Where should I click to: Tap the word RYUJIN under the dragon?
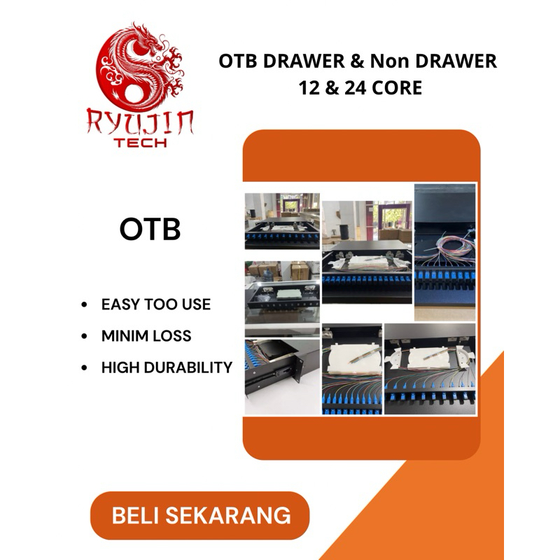click(x=140, y=122)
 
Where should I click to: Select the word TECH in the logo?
click(x=140, y=142)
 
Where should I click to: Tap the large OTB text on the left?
click(x=150, y=230)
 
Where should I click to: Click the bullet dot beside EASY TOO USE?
click(x=85, y=305)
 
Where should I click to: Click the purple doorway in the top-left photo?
click(x=288, y=205)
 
